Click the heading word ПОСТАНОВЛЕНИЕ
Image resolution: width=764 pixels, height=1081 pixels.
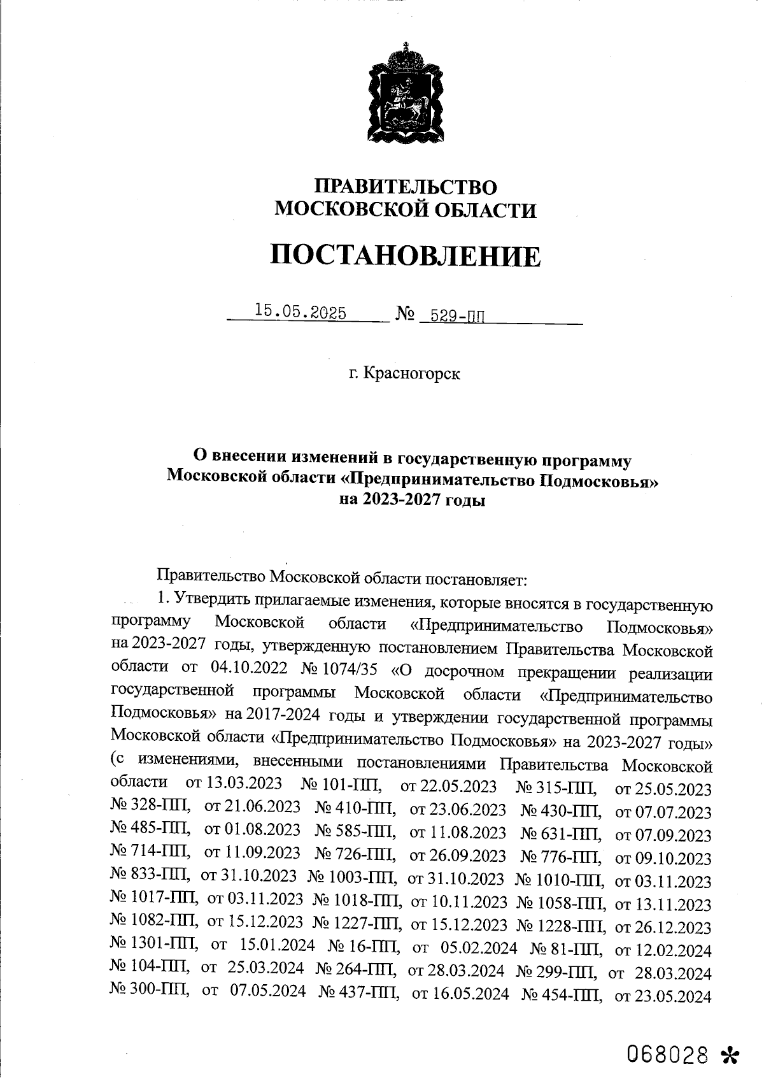coord(406,256)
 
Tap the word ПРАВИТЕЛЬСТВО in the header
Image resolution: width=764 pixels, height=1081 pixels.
coord(406,187)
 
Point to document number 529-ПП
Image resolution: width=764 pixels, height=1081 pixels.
coord(457,315)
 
